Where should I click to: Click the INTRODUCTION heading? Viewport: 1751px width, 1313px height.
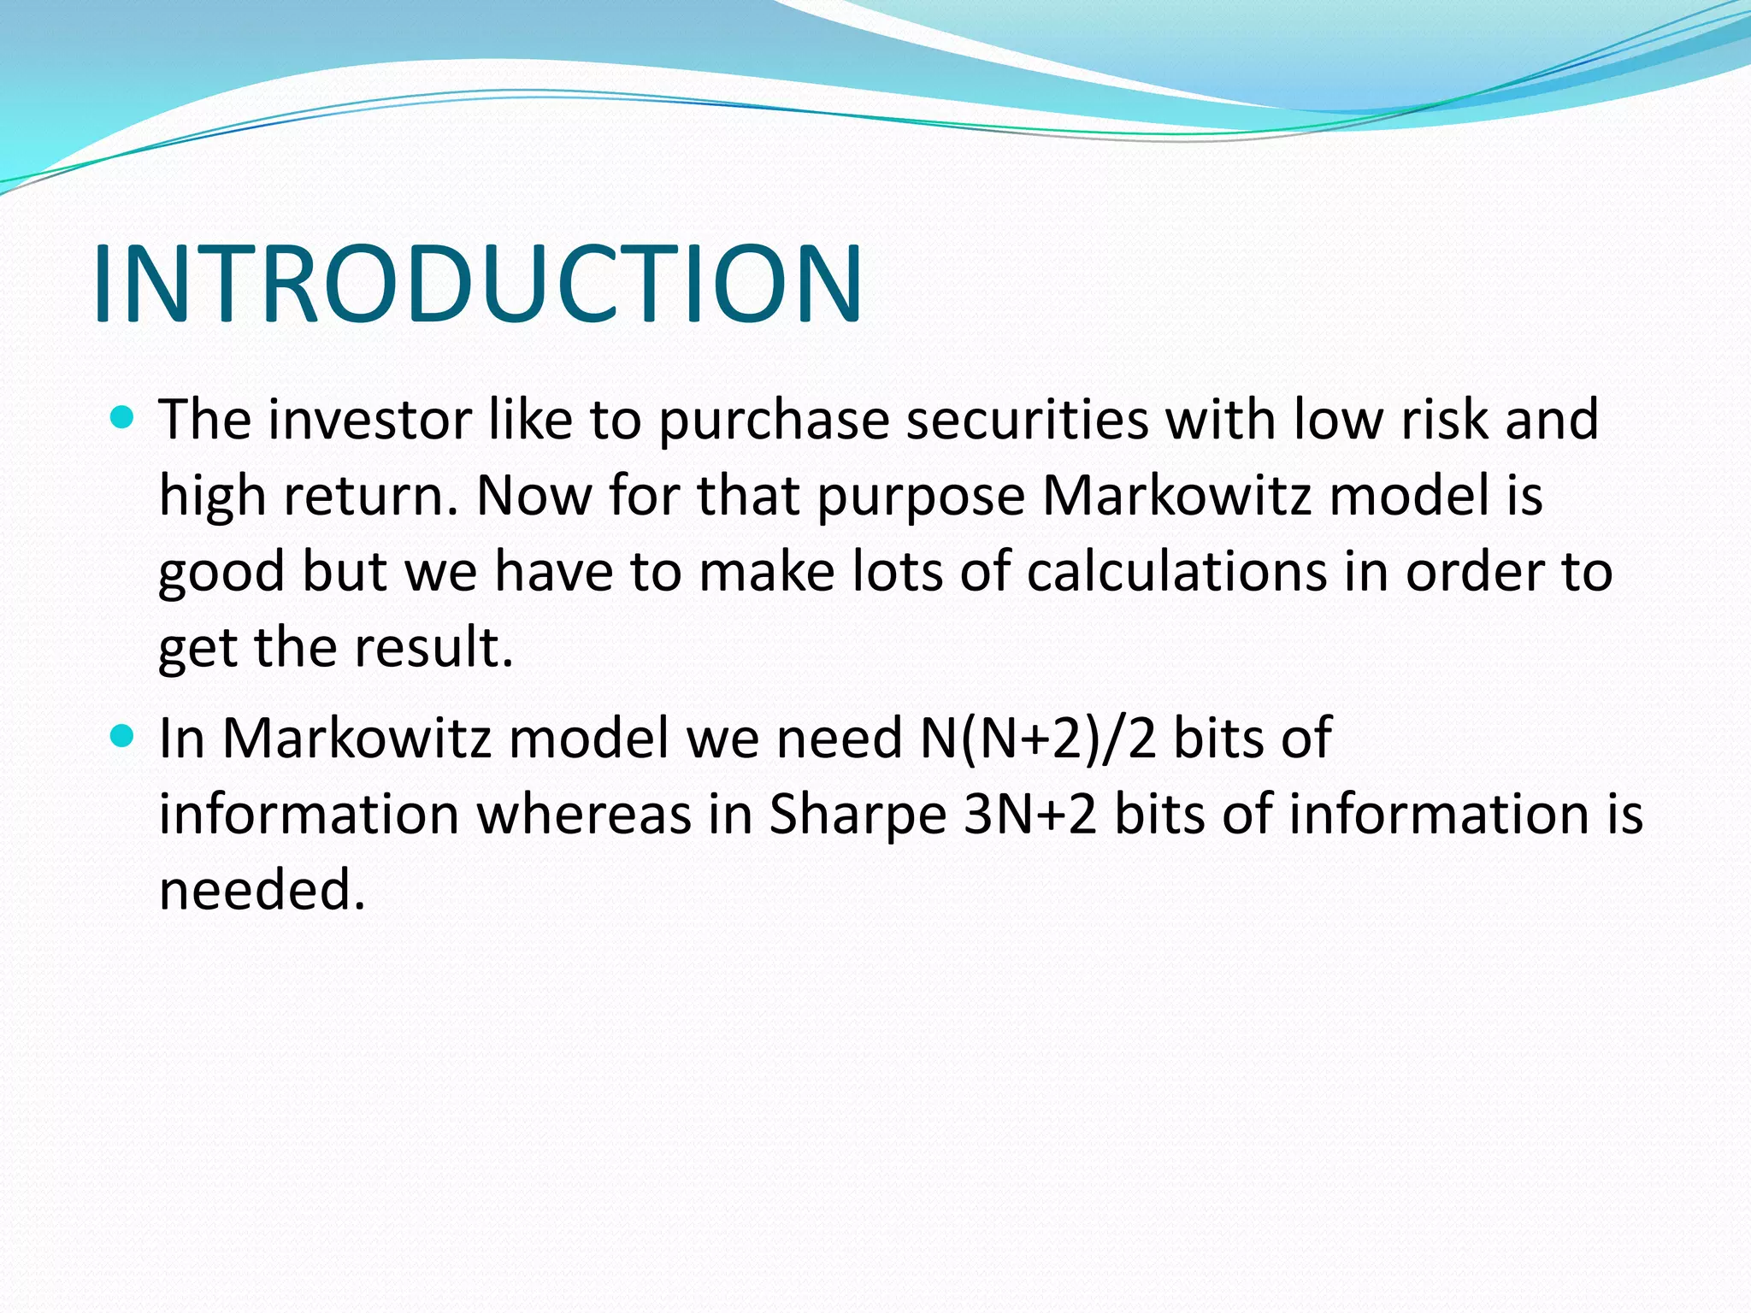[x=477, y=284]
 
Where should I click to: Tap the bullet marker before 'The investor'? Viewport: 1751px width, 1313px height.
[x=123, y=417]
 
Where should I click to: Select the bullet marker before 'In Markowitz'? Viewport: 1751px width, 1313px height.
[x=123, y=736]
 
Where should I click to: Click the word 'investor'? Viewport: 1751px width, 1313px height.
[x=369, y=420]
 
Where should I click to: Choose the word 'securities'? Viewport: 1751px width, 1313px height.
[x=1027, y=420]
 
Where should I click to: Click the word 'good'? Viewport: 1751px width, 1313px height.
[x=221, y=573]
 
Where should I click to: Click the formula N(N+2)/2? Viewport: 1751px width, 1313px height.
[x=1038, y=739]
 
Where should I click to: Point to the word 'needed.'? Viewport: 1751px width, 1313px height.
[x=262, y=890]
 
